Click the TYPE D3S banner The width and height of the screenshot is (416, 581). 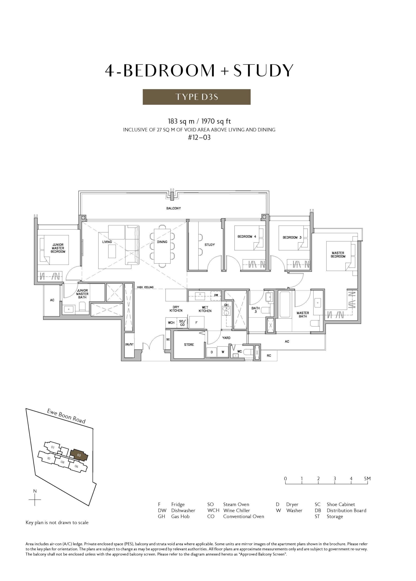196,97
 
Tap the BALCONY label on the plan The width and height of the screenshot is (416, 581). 173,208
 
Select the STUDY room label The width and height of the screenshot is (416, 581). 210,245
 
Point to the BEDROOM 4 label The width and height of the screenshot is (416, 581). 247,236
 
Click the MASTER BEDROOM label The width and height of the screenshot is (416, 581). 338,254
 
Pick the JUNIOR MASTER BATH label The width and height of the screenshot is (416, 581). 82,294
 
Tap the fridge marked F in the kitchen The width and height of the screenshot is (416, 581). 196,322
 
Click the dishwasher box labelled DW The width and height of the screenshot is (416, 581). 216,295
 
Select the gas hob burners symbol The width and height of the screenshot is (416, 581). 226,311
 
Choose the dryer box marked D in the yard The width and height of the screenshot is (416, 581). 212,352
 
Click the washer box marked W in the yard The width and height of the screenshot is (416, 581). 223,352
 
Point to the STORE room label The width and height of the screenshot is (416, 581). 189,345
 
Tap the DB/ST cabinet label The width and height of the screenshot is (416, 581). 129,344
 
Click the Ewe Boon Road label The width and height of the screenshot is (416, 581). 66,416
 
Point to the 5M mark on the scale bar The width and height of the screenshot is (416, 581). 367,478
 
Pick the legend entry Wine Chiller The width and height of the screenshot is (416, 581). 236,510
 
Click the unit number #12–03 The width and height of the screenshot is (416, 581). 199,138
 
